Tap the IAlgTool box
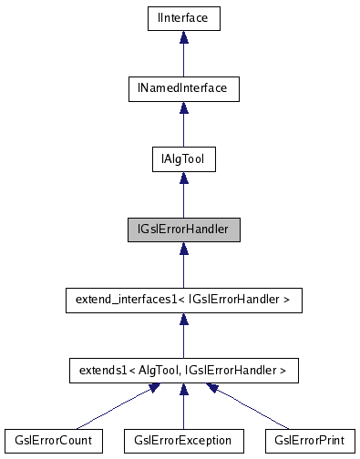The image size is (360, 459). click(183, 158)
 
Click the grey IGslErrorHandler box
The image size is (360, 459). click(183, 229)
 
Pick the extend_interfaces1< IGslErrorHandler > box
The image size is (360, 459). click(183, 300)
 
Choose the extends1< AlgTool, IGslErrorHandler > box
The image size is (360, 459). click(183, 370)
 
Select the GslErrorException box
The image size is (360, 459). click(183, 441)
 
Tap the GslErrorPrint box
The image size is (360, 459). click(309, 441)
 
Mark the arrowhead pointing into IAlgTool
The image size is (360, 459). click(183, 177)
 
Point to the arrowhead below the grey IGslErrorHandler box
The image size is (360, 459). click(183, 248)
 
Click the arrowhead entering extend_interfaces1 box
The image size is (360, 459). click(183, 318)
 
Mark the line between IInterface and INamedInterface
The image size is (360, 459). click(183, 58)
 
